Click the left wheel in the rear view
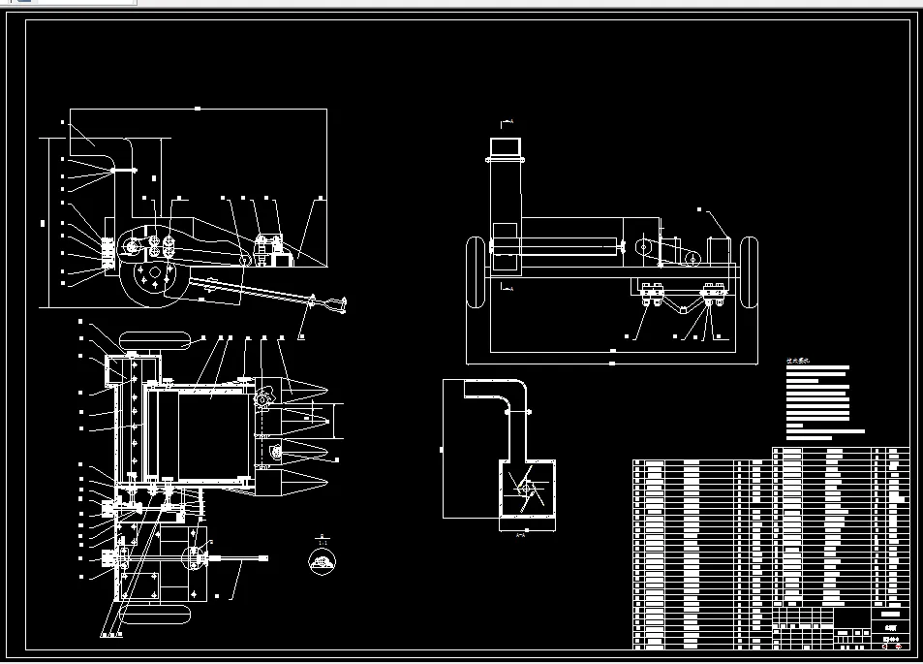475,271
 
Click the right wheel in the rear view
749,271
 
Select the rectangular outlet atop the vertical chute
505,147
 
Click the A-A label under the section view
522,534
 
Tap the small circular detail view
322,560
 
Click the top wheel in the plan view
152,340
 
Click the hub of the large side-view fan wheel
150,275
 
